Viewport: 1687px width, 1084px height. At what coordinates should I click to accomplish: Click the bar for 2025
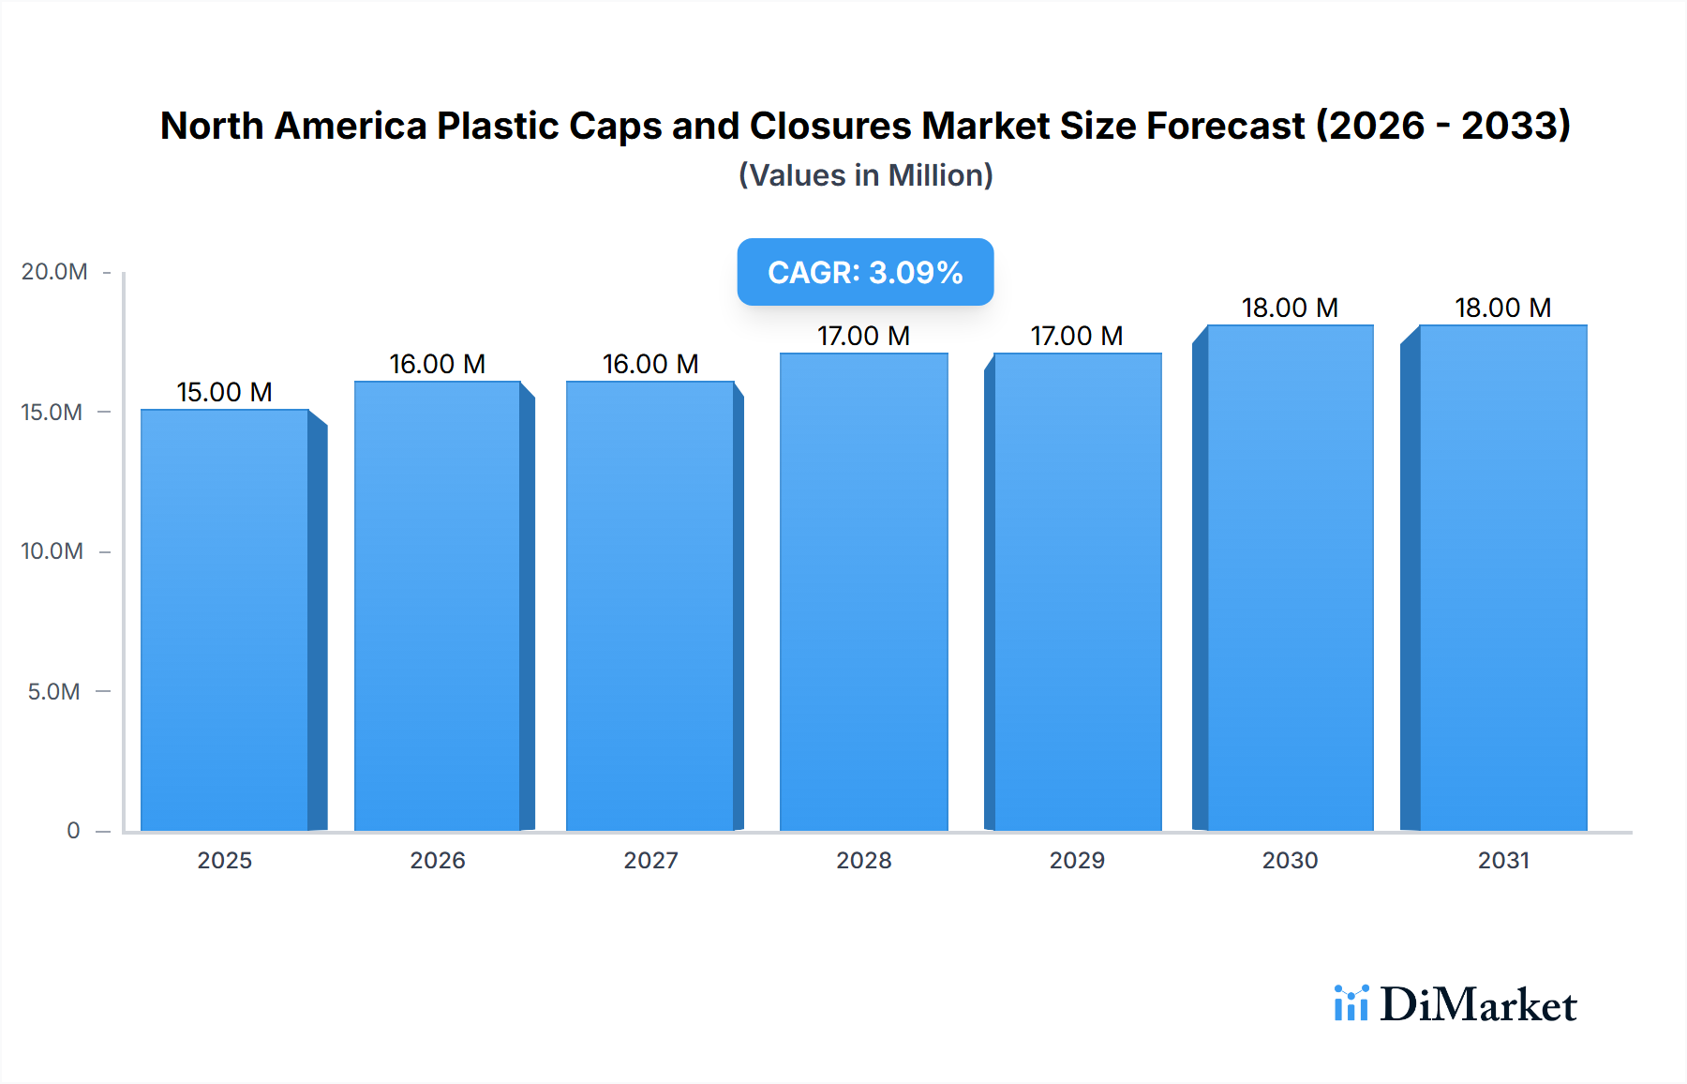[x=225, y=619]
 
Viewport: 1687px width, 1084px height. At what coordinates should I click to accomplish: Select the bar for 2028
[x=863, y=591]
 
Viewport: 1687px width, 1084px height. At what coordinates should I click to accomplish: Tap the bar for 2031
[x=1502, y=577]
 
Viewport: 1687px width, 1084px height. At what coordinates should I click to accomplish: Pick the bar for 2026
[x=437, y=605]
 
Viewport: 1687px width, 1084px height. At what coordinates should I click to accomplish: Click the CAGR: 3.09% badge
[x=865, y=272]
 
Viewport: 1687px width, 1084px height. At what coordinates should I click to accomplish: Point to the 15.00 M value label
[x=225, y=392]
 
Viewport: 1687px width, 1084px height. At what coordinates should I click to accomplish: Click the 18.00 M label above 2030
[x=1290, y=308]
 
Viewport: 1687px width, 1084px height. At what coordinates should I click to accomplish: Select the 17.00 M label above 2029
[x=1077, y=336]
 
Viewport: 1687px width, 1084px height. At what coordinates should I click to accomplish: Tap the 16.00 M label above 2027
[x=650, y=364]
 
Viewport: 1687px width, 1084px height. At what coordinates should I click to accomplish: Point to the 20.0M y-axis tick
[x=54, y=272]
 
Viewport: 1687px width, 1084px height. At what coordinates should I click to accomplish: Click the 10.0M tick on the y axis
[x=52, y=551]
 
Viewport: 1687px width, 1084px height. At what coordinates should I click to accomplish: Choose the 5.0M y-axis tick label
[x=54, y=692]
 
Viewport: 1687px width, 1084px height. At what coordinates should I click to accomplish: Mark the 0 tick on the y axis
[x=73, y=831]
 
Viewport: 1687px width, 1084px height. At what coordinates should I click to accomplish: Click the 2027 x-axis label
[x=650, y=860]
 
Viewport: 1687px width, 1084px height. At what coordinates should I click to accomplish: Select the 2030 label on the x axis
[x=1290, y=860]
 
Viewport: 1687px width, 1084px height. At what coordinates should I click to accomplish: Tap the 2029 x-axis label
[x=1077, y=860]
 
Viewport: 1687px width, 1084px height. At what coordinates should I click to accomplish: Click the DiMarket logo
[x=1456, y=1004]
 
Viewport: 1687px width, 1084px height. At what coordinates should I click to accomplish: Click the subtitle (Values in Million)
[x=865, y=175]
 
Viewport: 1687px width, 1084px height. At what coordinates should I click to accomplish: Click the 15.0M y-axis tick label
[x=52, y=413]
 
